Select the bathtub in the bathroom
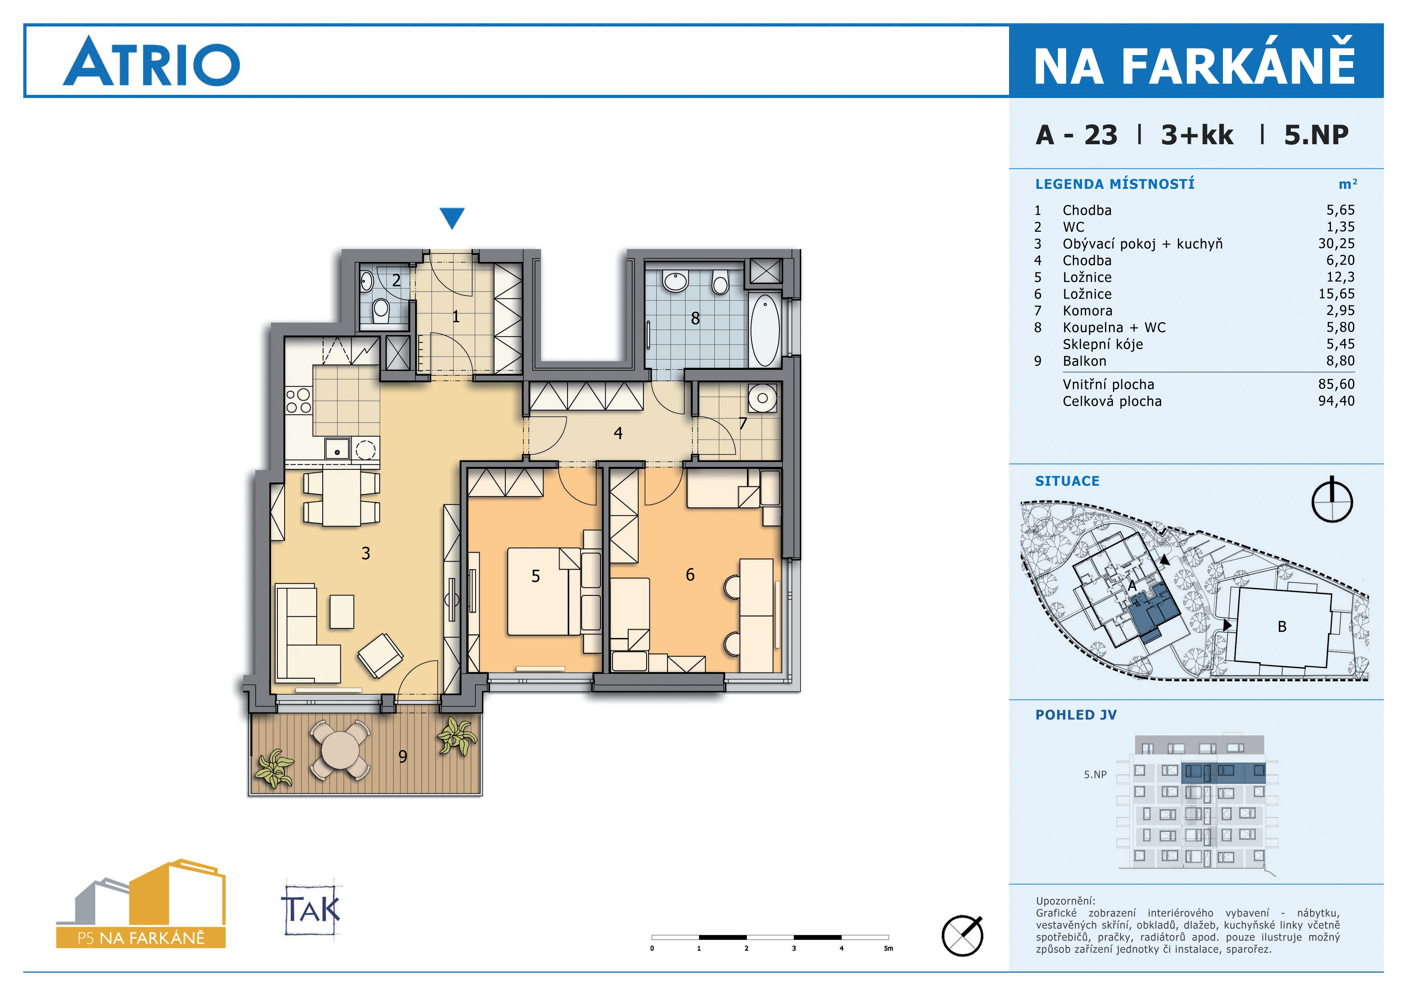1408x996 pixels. [765, 330]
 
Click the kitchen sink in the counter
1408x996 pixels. [337, 449]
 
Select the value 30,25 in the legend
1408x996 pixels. [1336, 243]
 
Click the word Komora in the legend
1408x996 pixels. [1087, 311]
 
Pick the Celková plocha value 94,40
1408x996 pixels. [1336, 401]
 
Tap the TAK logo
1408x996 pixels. [311, 909]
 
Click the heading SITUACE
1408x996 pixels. [1067, 481]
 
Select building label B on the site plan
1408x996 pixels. [1282, 626]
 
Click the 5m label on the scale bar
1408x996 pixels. [888, 948]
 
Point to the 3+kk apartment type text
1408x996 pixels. [1196, 135]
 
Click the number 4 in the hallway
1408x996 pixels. [618, 433]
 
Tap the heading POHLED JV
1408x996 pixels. [1076, 715]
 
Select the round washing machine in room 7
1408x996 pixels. [762, 398]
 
